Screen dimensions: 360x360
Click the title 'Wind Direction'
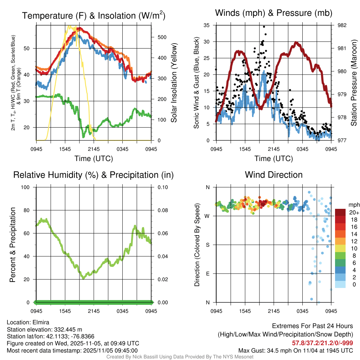coord(274,175)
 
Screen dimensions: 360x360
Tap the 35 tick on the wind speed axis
coord(206,25)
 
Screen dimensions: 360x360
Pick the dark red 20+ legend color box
coord(340,212)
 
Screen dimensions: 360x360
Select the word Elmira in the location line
coord(41,322)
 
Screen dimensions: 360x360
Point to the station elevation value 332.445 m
coord(67,329)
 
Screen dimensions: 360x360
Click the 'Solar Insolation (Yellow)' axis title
coord(174,83)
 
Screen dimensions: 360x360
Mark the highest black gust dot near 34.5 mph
coord(264,27)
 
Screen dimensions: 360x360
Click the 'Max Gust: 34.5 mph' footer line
coord(295,350)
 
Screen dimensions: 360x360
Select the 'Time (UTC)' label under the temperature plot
coord(94,159)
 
